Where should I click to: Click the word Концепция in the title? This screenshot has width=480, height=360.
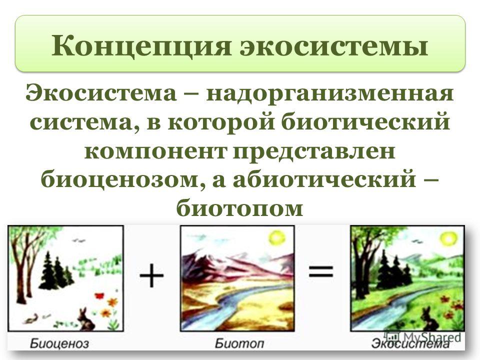click(x=141, y=46)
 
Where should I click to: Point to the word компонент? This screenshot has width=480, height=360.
click(x=155, y=152)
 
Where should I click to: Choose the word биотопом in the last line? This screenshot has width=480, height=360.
click(x=239, y=209)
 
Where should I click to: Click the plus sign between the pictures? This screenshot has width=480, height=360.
click(x=151, y=276)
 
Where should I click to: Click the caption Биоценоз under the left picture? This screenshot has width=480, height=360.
click(x=59, y=343)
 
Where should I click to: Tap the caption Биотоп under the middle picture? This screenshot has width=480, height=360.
click(x=239, y=343)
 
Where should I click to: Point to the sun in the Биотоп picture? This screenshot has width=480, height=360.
click(x=277, y=238)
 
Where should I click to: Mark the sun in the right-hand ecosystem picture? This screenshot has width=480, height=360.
click(x=449, y=238)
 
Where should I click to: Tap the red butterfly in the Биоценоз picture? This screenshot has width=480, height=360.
click(x=99, y=296)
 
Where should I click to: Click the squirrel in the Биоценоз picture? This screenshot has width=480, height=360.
click(x=31, y=319)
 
